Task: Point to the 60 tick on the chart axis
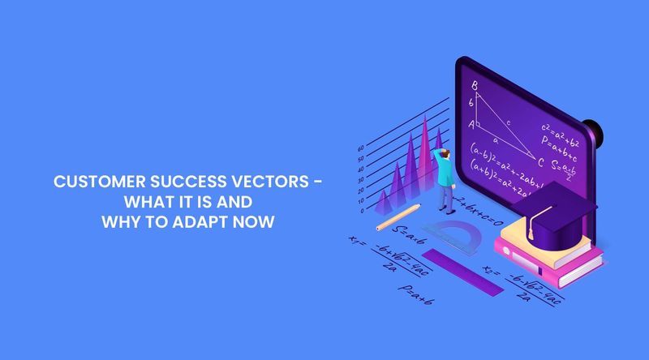[361, 149]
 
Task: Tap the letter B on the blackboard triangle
[475, 84]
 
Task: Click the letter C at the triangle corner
[539, 161]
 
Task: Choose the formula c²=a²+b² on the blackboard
[560, 128]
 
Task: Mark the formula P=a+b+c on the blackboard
[561, 144]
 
